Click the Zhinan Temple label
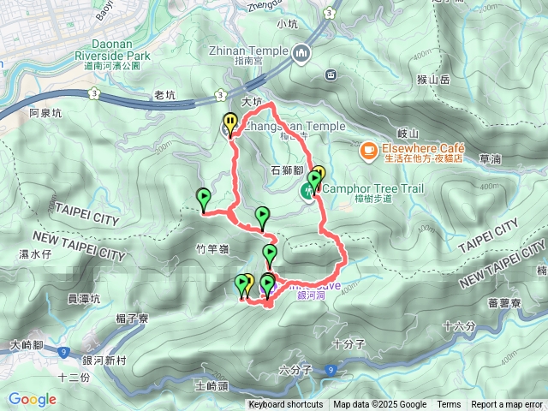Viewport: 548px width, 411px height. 249,51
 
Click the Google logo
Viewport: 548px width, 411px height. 33,399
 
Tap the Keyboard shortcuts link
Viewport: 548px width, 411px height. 286,405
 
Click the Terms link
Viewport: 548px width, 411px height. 449,405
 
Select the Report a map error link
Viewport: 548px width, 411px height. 508,405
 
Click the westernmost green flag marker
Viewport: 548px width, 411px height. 203,199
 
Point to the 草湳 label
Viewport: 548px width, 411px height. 491,158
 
